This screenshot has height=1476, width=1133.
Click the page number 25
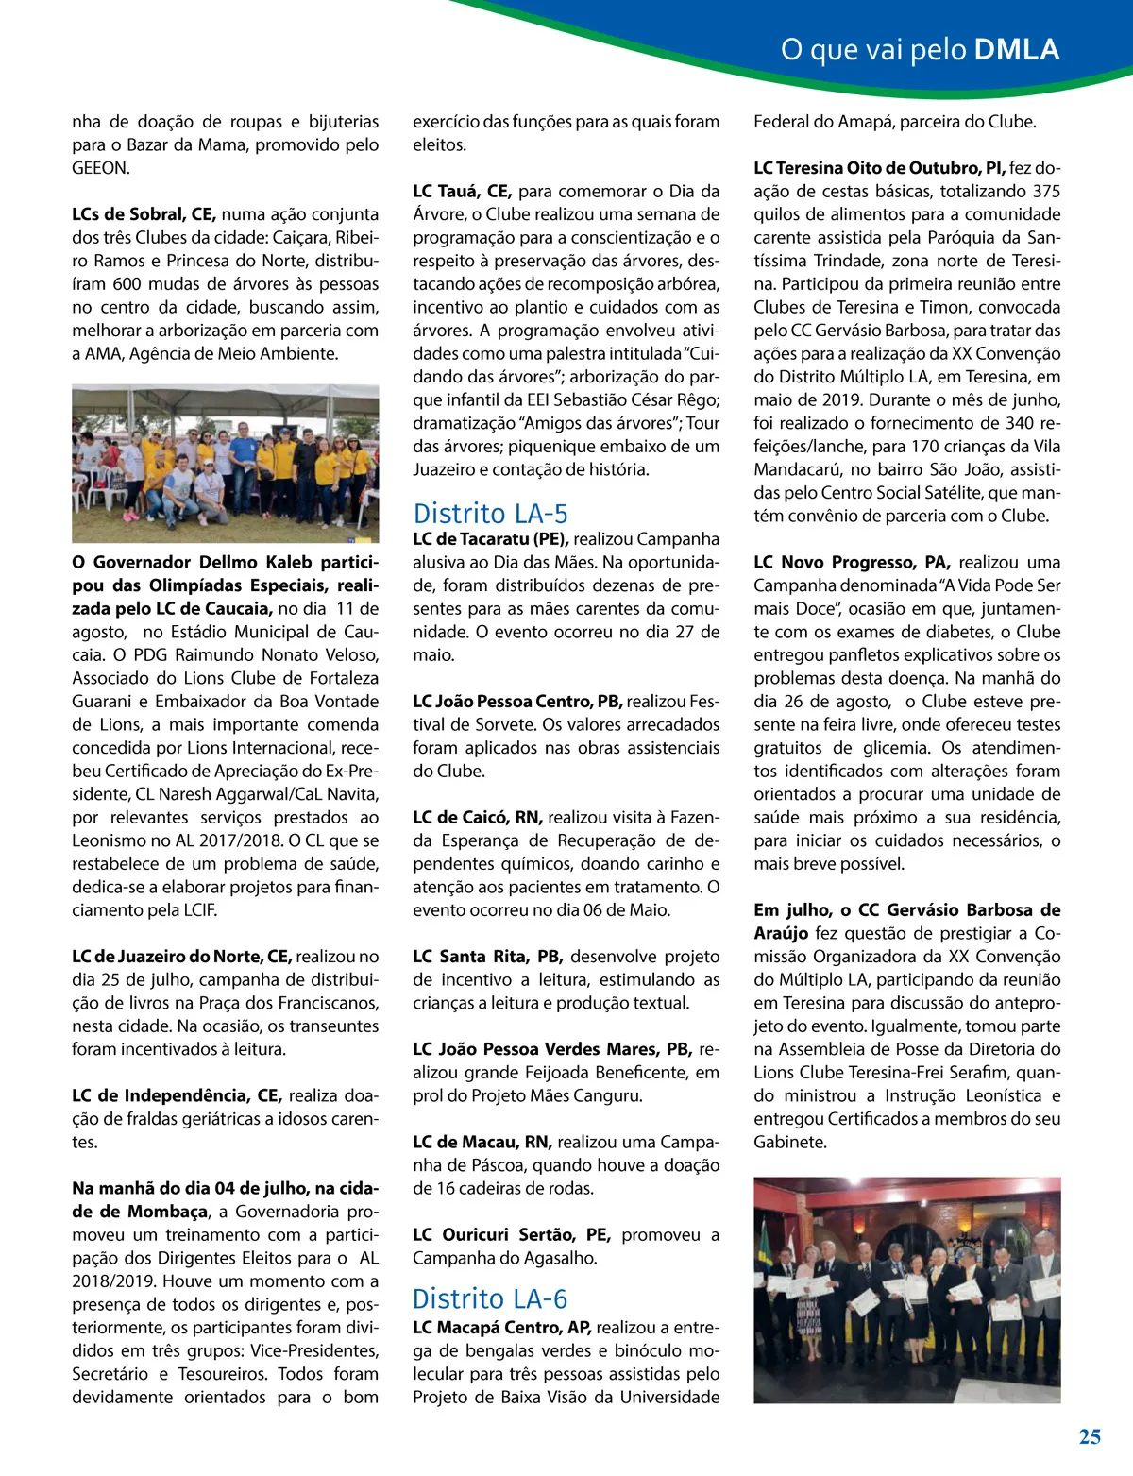click(1090, 1436)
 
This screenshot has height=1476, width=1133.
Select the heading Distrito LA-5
click(490, 514)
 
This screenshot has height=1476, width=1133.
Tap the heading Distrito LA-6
click(490, 1299)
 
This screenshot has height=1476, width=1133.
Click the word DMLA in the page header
click(1016, 49)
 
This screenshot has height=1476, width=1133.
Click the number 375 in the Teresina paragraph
click(1045, 192)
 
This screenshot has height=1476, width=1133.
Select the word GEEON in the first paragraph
click(99, 168)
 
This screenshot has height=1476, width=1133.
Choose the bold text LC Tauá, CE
click(462, 192)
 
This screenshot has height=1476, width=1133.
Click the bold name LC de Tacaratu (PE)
click(490, 539)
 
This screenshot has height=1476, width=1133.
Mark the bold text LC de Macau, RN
click(482, 1143)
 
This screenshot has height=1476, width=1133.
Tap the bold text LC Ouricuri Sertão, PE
click(511, 1235)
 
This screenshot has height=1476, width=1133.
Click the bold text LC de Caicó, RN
click(477, 818)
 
